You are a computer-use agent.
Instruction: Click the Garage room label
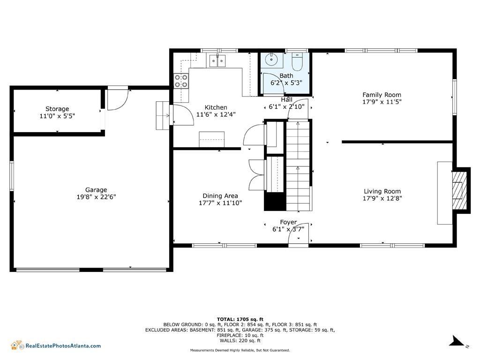(96, 190)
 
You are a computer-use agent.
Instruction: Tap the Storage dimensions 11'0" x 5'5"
(57, 116)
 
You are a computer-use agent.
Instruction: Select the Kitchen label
(216, 107)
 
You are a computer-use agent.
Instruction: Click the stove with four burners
(181, 81)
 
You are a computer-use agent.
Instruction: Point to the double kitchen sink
(217, 60)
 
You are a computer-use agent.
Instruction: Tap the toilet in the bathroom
(297, 62)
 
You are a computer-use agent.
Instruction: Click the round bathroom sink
(271, 60)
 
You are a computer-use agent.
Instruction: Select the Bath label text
(286, 75)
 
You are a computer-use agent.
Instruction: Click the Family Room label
(382, 95)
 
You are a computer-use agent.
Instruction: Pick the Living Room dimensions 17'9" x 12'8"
(382, 198)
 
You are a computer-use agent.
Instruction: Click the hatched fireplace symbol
(459, 190)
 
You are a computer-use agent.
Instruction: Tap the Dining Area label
(220, 196)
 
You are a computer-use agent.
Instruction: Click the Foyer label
(288, 222)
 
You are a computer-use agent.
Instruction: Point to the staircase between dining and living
(299, 165)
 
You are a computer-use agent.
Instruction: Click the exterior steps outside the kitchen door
(163, 115)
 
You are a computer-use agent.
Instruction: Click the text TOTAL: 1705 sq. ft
(240, 319)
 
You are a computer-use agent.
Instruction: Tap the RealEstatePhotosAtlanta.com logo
(56, 345)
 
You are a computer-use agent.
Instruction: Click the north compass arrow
(458, 341)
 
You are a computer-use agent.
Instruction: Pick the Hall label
(286, 100)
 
